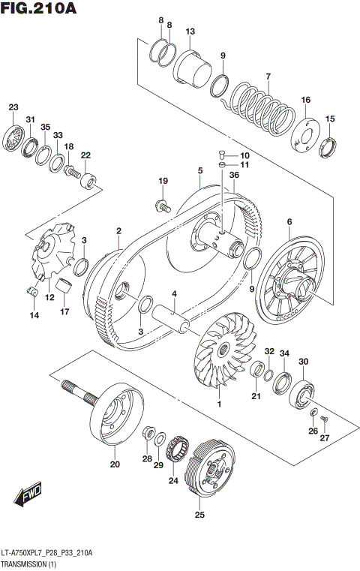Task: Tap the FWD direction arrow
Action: [28, 496]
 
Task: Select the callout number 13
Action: [190, 32]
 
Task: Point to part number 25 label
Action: [199, 515]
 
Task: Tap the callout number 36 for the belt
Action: [234, 175]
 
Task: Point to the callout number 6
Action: [289, 221]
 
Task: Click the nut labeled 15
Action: [328, 146]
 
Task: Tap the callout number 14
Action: [34, 316]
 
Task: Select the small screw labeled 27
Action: [324, 418]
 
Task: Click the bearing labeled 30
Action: [305, 392]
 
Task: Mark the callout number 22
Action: [85, 155]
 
